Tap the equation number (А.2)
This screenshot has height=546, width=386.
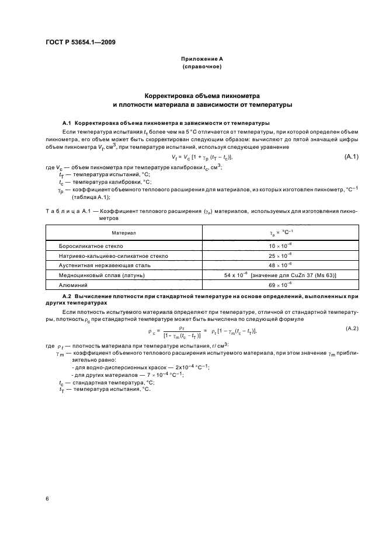pyautogui.click(x=352, y=330)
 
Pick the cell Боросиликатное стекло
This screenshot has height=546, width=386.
pyautogui.click(x=91, y=246)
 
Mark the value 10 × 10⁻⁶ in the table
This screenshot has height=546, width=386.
pyautogui.click(x=280, y=246)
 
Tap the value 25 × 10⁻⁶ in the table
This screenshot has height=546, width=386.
pyautogui.click(x=280, y=256)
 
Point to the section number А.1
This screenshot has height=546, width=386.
pyautogui.click(x=66, y=123)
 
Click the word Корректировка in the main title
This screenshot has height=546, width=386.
pyautogui.click(x=172, y=96)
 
